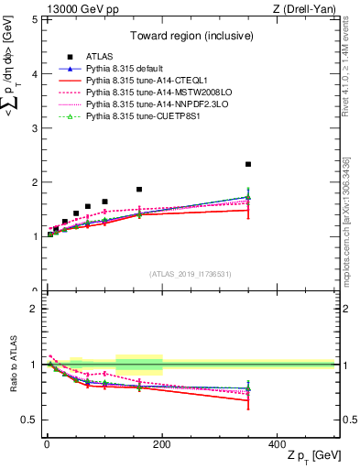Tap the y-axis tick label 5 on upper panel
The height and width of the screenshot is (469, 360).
pyautogui.click(x=35, y=19)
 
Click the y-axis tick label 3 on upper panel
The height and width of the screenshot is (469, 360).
pyautogui.click(x=35, y=128)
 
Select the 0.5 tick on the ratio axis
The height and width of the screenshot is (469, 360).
pyautogui.click(x=31, y=420)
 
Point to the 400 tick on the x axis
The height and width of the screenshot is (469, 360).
pyautogui.click(x=278, y=443)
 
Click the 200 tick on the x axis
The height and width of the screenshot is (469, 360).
pyautogui.click(x=162, y=443)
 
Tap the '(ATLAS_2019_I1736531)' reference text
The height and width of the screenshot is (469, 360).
pyautogui.click(x=191, y=273)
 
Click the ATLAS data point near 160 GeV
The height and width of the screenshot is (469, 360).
pyautogui.click(x=139, y=190)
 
